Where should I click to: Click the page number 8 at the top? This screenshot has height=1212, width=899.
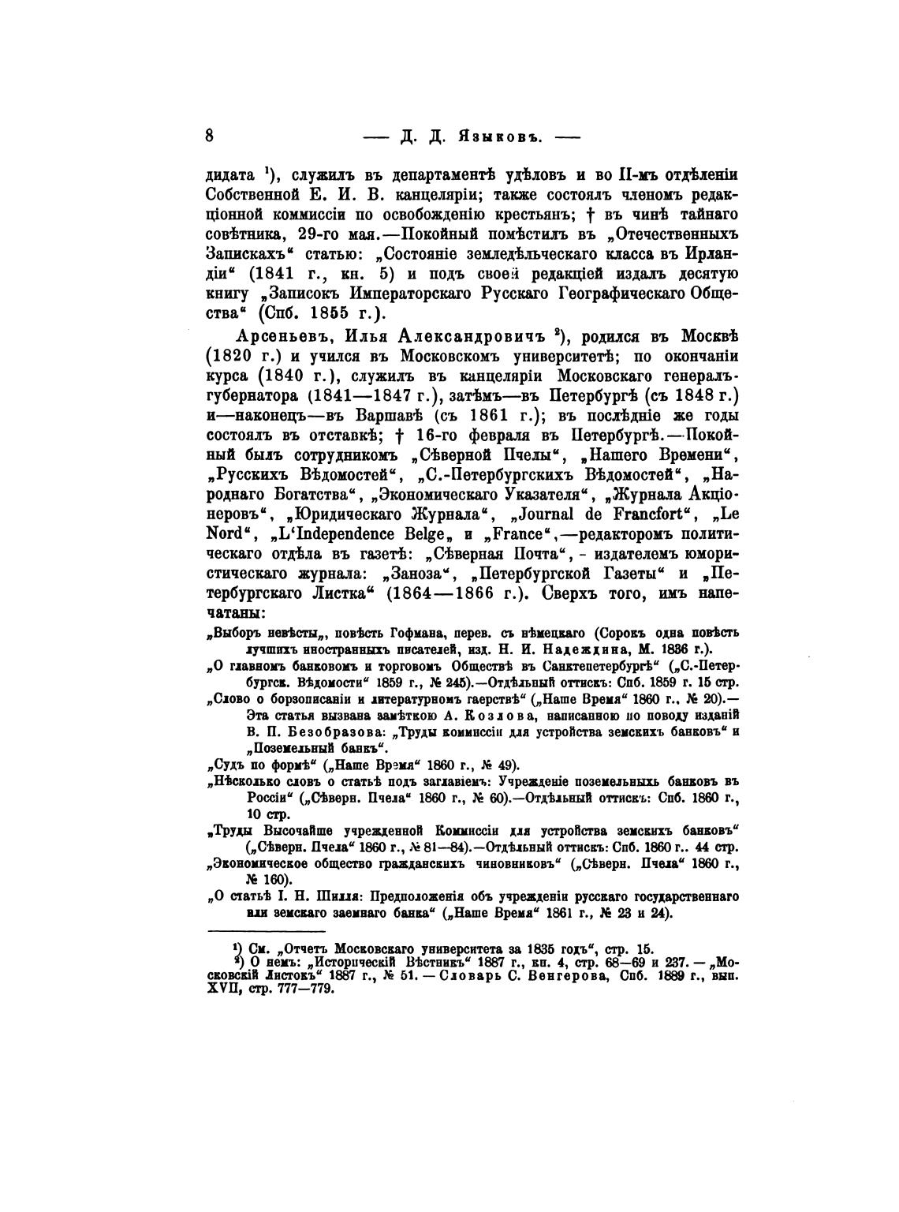210,134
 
